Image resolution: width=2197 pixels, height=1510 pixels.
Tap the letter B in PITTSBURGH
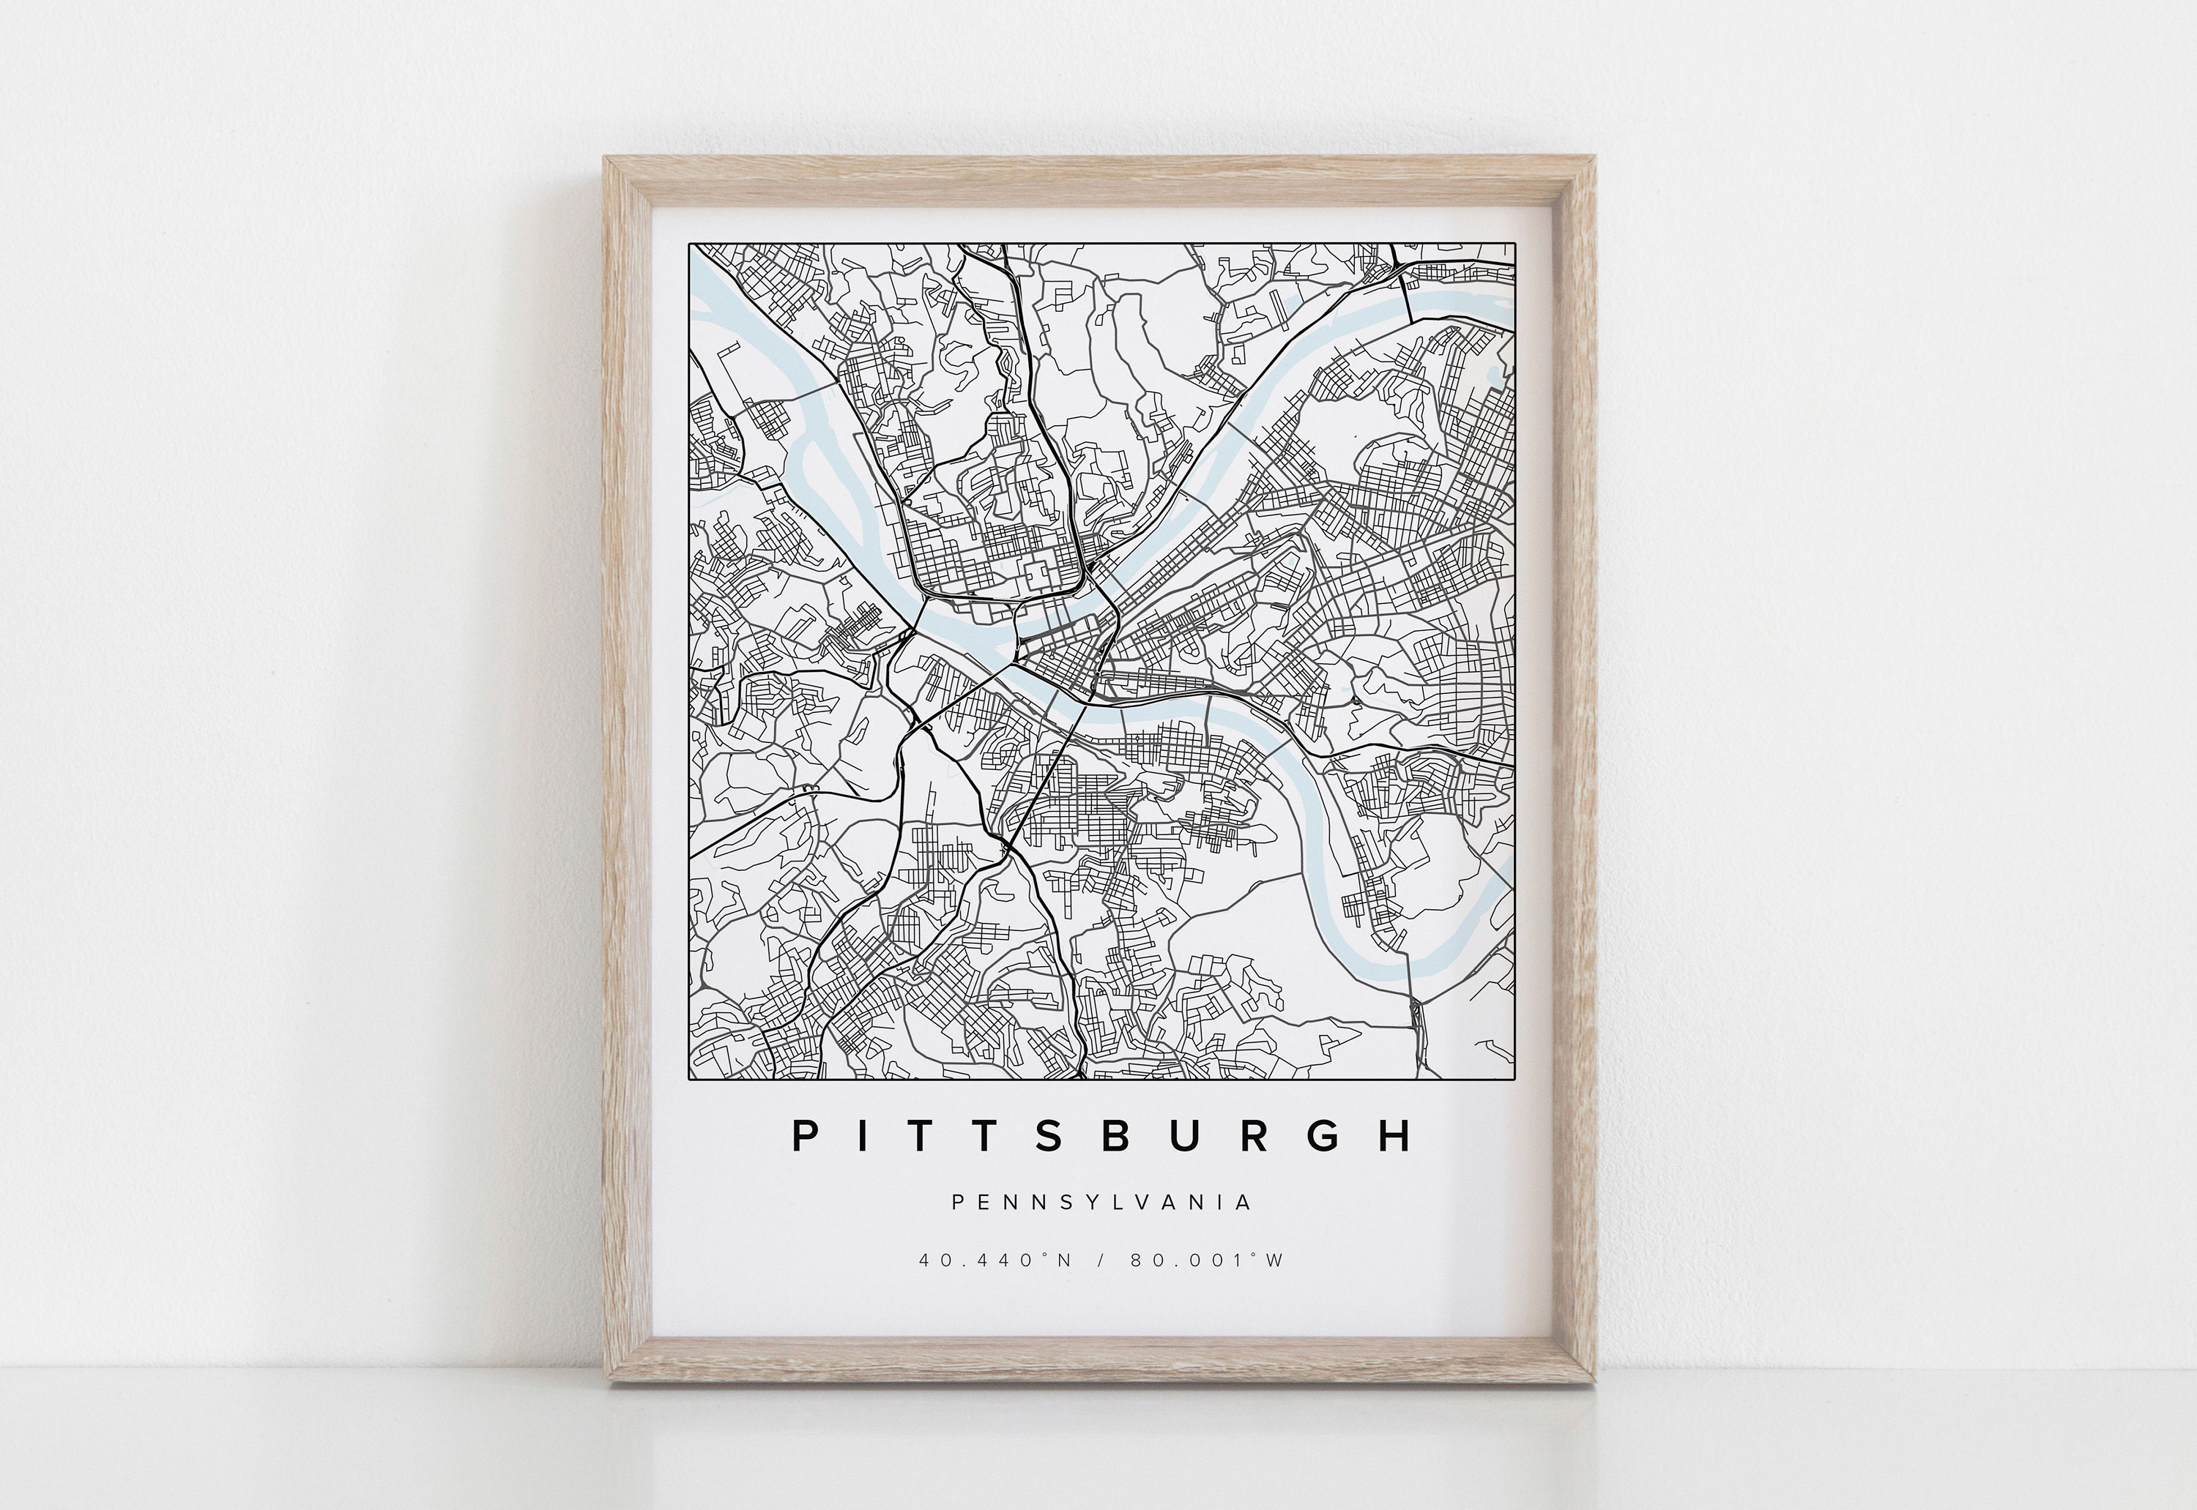[x=1118, y=1136]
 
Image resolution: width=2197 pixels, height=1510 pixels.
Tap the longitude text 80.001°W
[x=1207, y=1260]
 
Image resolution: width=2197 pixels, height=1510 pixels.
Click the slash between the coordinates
[x=1101, y=1260]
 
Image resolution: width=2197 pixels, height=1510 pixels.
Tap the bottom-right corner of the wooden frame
[x=1594, y=1385]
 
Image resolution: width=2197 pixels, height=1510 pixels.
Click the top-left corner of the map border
[x=689, y=244]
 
